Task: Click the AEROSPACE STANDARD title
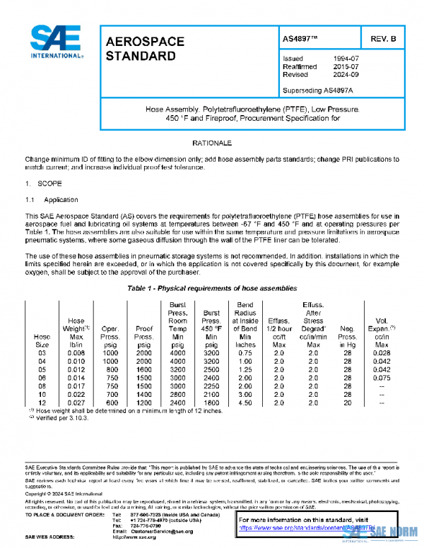point(144,48)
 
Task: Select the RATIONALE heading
point(212,143)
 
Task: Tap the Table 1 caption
point(212,290)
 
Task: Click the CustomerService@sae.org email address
point(151,531)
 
